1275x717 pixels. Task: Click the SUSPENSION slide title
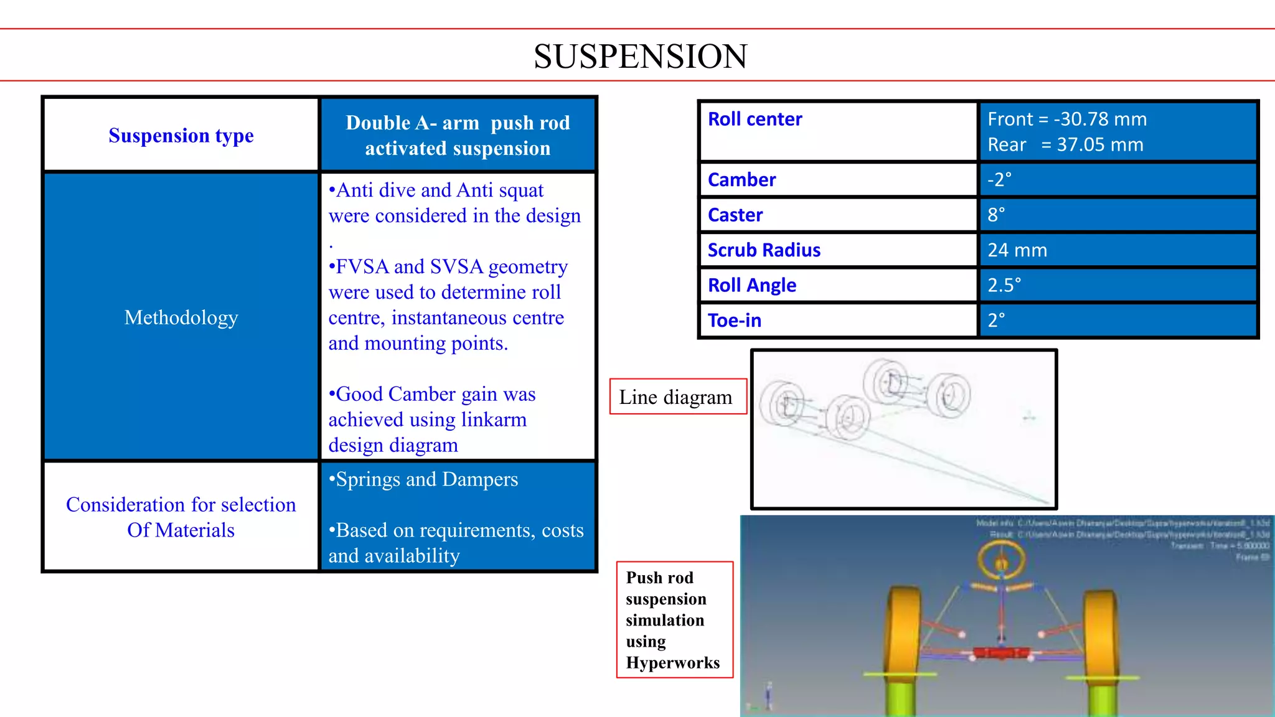click(640, 56)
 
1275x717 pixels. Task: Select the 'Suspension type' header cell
click(181, 135)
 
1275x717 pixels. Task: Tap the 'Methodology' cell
click(181, 317)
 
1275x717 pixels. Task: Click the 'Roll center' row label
click(755, 119)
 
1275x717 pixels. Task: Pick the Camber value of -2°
click(999, 180)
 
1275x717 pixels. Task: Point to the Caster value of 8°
click(996, 215)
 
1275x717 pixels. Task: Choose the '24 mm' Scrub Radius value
click(1017, 250)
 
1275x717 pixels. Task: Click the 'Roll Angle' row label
click(752, 285)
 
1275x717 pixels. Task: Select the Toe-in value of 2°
click(996, 321)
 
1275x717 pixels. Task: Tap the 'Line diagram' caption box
click(676, 396)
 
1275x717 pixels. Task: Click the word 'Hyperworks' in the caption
click(672, 663)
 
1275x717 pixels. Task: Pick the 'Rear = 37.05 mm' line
click(1065, 145)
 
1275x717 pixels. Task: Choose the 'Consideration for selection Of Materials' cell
click(181, 517)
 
